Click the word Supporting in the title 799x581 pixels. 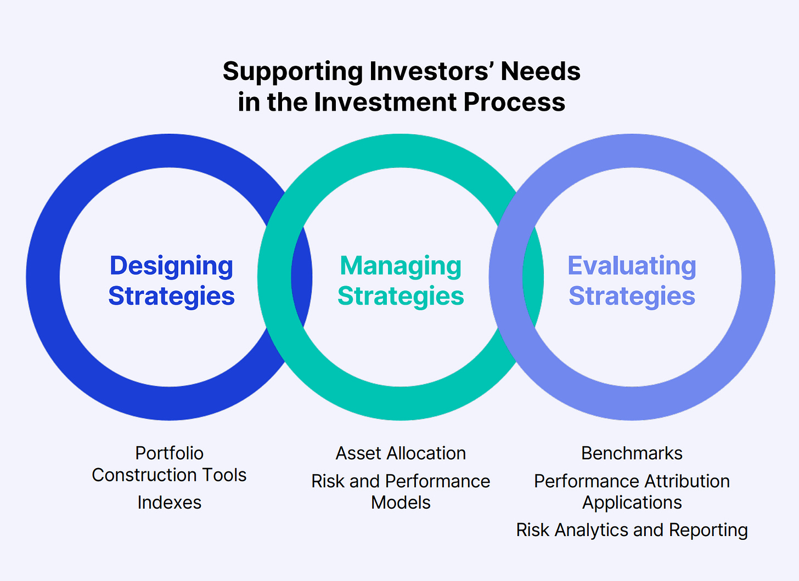pyautogui.click(x=293, y=72)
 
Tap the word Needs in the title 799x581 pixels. pyautogui.click(x=541, y=72)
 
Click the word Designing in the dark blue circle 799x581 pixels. pyautogui.click(x=171, y=266)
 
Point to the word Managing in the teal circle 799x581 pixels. pyautogui.click(x=401, y=266)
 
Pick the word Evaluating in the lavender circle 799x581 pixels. pyautogui.click(x=632, y=266)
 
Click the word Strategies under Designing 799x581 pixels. pyautogui.click(x=171, y=296)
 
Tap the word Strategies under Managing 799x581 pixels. pyautogui.click(x=401, y=296)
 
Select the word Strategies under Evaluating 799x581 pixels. pyautogui.click(x=632, y=296)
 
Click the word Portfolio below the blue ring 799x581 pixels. pyautogui.click(x=169, y=453)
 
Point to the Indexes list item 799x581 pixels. pyautogui.click(x=169, y=503)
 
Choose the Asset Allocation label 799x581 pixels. pyautogui.click(x=401, y=453)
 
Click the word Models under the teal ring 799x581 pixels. pyautogui.click(x=401, y=503)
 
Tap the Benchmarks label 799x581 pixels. pyautogui.click(x=632, y=453)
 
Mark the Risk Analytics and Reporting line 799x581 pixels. pyautogui.click(x=632, y=530)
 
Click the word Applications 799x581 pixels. pyautogui.click(x=632, y=503)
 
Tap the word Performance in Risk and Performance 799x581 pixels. pyautogui.click(x=437, y=481)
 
